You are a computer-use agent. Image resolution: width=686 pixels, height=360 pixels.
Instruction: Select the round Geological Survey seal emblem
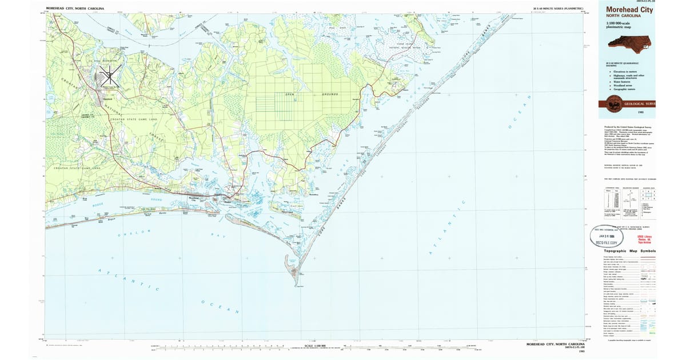615,105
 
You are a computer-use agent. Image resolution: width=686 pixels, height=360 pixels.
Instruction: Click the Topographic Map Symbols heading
629,251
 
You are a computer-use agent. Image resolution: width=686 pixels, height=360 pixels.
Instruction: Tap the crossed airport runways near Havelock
108,73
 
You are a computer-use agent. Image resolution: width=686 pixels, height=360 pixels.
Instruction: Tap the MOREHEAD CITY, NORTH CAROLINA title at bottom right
555,345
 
